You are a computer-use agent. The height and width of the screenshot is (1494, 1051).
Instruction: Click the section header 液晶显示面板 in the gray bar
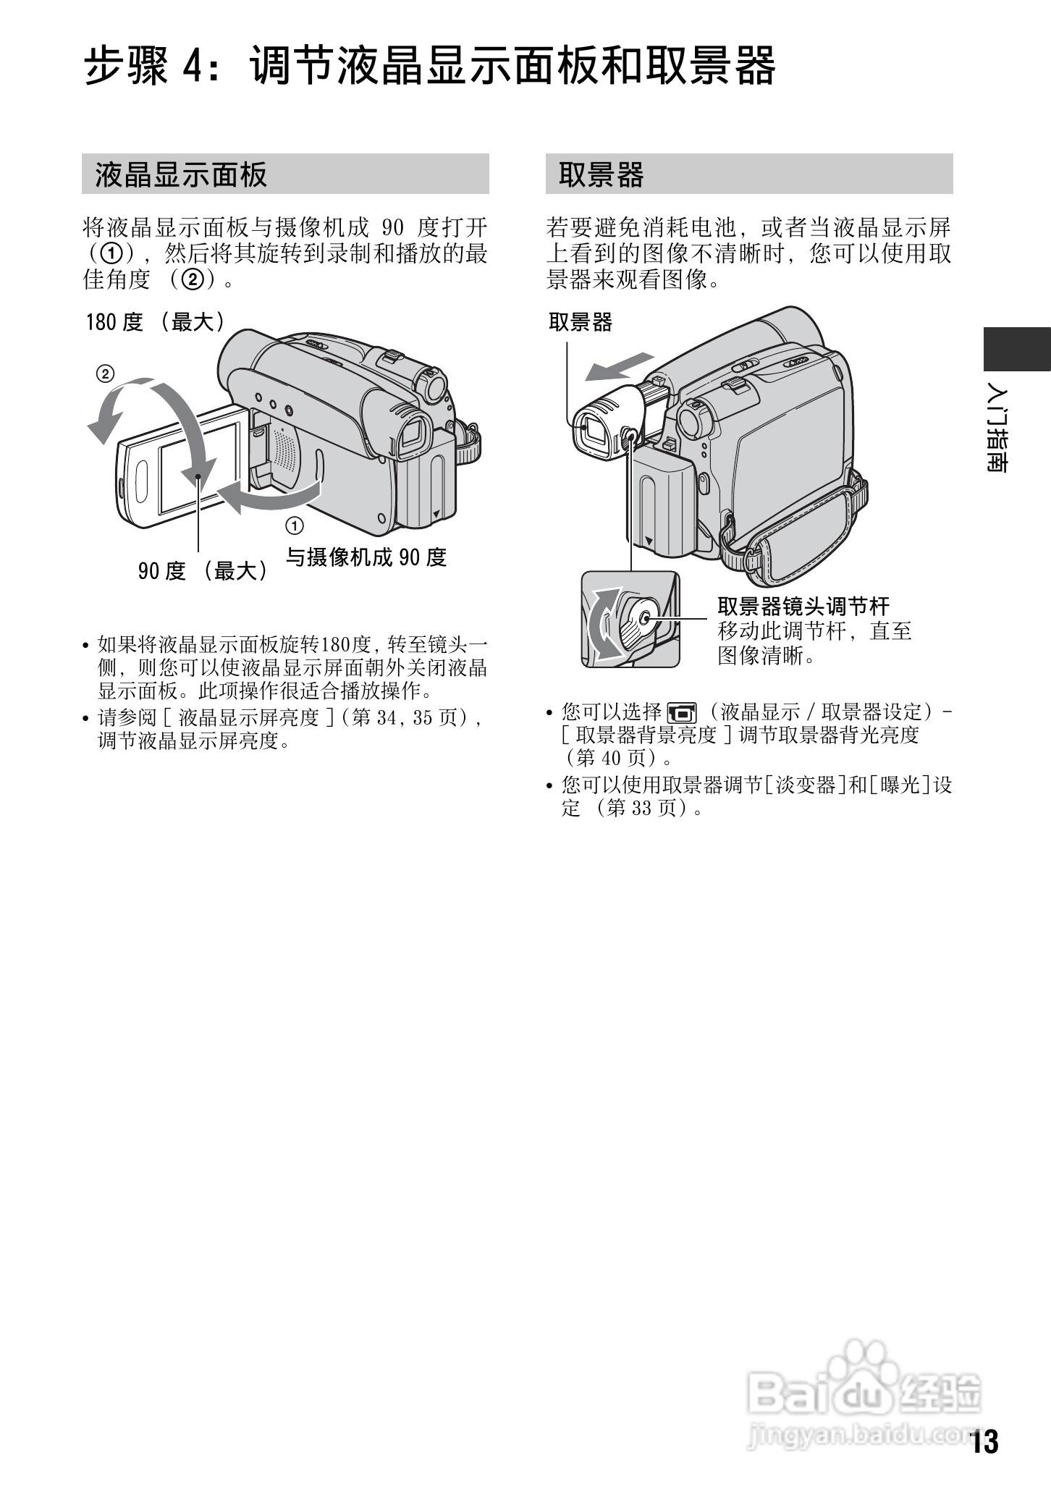(181, 174)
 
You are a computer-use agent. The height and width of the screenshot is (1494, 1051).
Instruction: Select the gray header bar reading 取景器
(748, 174)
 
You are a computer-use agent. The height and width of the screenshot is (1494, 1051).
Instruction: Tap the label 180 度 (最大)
(156, 322)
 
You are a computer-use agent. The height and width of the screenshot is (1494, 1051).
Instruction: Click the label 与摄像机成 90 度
(366, 557)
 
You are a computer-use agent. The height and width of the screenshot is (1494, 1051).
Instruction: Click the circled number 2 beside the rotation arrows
(105, 374)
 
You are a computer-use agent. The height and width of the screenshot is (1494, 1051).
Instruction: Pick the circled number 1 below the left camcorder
(295, 525)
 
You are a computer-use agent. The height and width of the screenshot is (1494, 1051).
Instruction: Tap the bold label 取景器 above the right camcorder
(580, 322)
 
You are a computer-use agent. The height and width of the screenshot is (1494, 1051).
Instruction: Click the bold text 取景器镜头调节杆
(803, 606)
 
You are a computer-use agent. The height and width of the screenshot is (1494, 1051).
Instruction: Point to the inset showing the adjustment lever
(630, 619)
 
